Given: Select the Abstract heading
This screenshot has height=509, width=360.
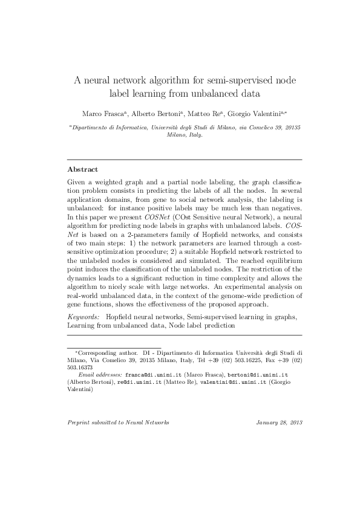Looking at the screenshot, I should [x=83, y=169].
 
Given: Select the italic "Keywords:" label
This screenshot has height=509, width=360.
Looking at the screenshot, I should [x=83, y=316].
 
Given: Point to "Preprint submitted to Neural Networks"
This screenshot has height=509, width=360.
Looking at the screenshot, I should [x=119, y=422].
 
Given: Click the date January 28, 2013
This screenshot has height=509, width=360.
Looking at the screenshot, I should [x=279, y=422].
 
